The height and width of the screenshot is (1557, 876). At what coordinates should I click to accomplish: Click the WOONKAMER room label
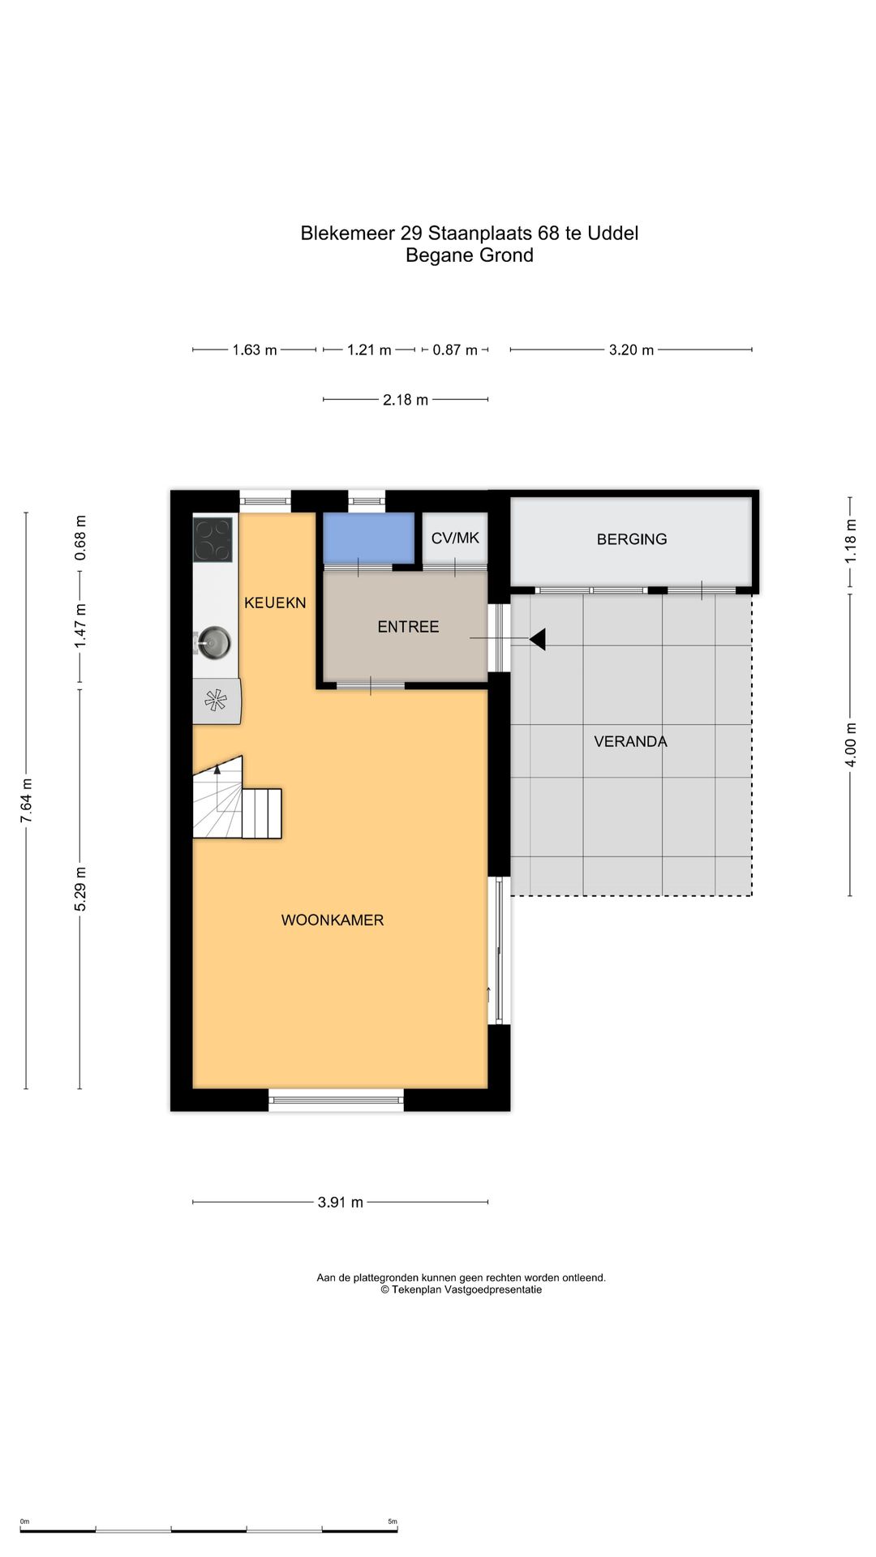[x=333, y=920]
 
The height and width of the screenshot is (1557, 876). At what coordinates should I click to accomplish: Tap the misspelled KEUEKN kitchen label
[x=275, y=603]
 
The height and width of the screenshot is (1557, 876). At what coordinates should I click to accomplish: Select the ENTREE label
[x=408, y=627]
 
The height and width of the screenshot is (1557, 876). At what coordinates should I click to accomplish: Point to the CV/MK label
[x=455, y=538]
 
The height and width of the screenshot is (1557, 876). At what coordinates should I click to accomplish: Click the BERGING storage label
[x=632, y=539]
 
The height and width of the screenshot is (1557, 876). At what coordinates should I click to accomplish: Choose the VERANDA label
[x=630, y=741]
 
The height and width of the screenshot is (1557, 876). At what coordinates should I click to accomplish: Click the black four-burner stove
[x=213, y=540]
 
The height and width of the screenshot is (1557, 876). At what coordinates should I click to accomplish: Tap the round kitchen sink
[x=215, y=643]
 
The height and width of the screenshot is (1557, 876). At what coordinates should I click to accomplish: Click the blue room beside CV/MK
[x=369, y=538]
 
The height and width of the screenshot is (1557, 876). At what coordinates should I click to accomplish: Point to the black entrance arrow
[x=537, y=639]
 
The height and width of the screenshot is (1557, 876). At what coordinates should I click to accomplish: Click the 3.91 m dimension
[x=340, y=1202]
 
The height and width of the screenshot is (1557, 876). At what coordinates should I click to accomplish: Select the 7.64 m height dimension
[x=27, y=800]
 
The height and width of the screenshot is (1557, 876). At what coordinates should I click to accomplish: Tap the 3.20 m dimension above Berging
[x=631, y=350]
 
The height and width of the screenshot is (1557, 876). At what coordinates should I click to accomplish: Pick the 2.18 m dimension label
[x=406, y=400]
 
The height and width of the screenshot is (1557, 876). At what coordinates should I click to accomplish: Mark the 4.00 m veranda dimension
[x=850, y=744]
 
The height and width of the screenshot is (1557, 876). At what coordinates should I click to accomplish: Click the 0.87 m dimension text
[x=455, y=350]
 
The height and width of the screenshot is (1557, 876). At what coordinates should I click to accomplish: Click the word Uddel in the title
[x=613, y=233]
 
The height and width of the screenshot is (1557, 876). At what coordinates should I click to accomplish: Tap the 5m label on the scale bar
[x=393, y=1521]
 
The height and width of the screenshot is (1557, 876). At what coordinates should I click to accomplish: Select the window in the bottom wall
[x=336, y=1100]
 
